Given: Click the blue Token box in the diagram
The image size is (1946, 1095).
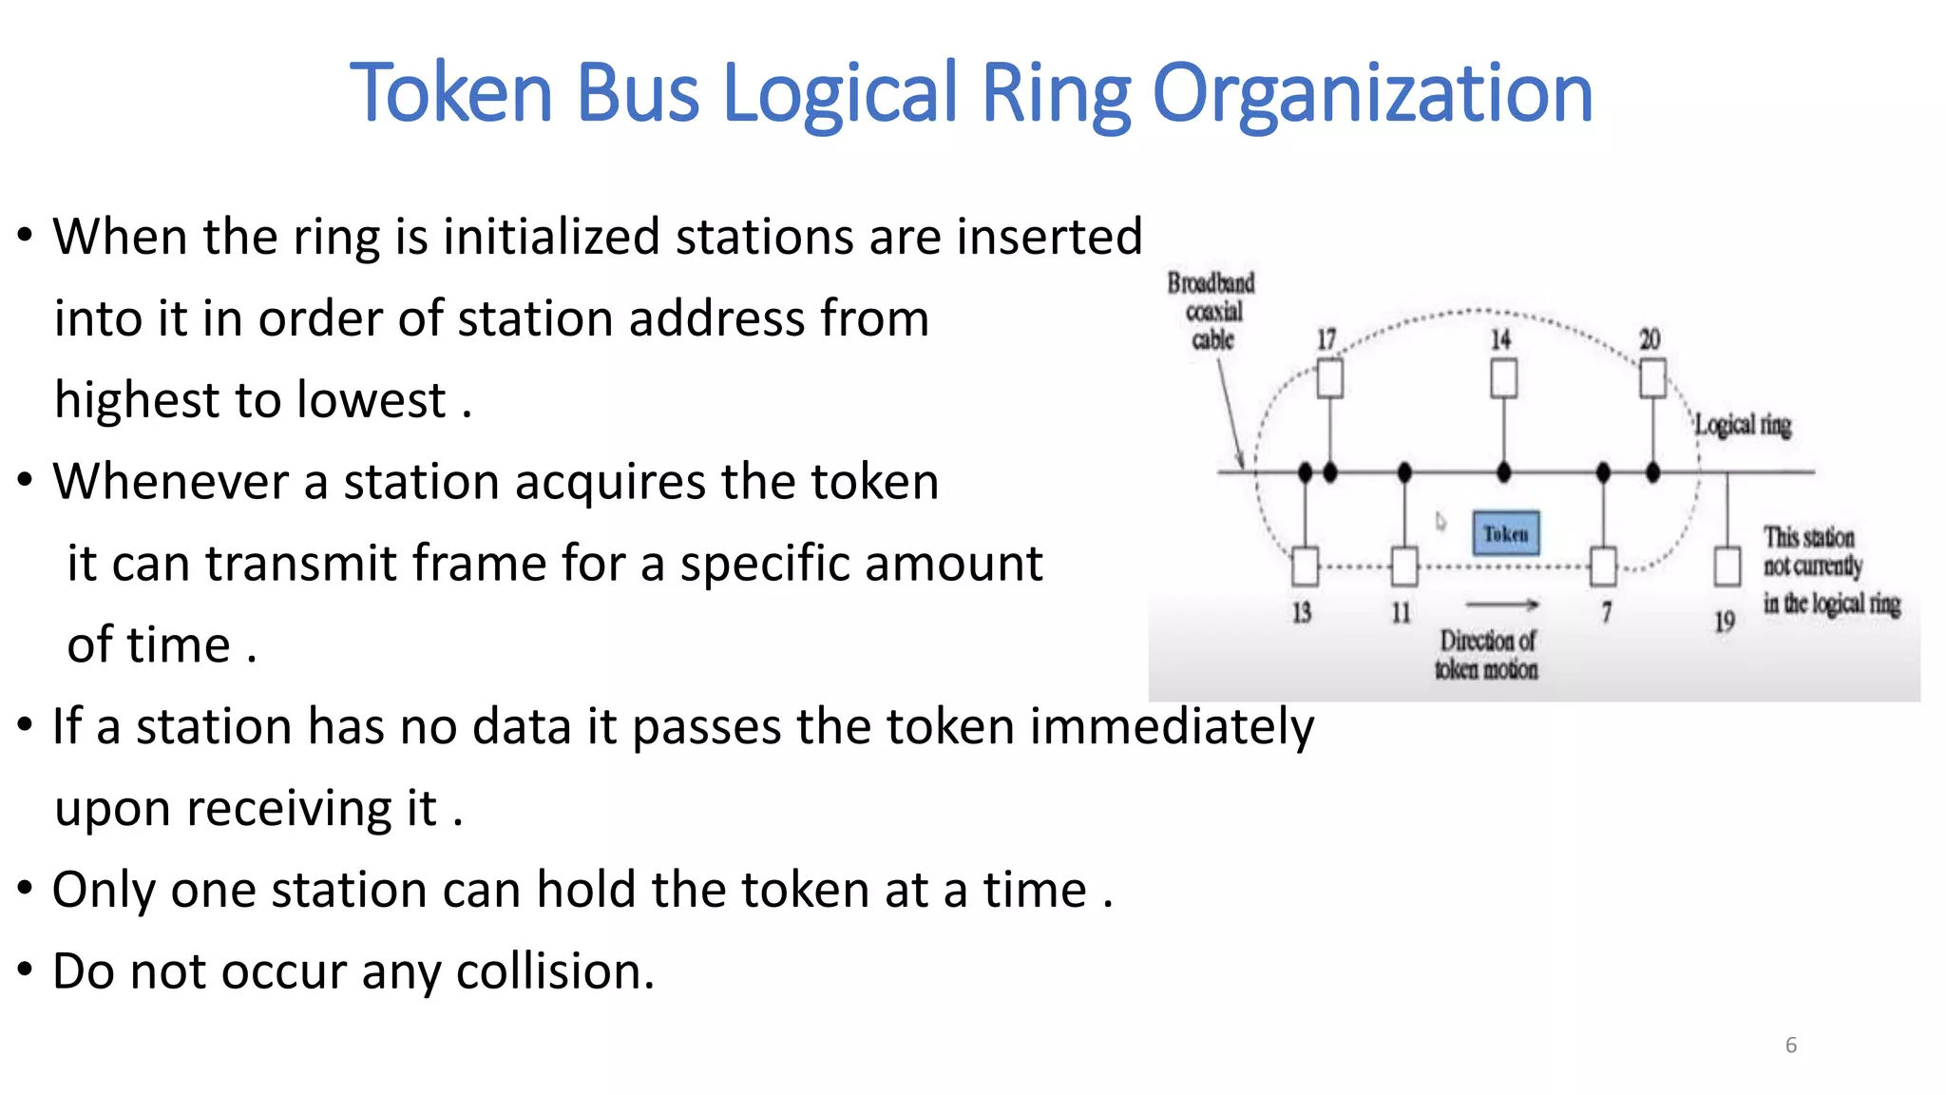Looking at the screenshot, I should pyautogui.click(x=1506, y=533).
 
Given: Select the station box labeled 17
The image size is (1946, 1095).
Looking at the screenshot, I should pyautogui.click(x=1330, y=378).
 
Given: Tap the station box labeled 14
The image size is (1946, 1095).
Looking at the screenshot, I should pyautogui.click(x=1503, y=378).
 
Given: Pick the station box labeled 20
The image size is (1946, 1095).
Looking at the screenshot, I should pyautogui.click(x=1652, y=378).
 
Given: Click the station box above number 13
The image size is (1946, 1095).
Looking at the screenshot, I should pyautogui.click(x=1305, y=567).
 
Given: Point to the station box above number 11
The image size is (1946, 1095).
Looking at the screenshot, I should pyautogui.click(x=1404, y=567).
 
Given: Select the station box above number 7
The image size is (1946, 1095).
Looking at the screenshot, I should pyautogui.click(x=1604, y=567).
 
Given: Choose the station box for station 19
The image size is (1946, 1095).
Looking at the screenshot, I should pyautogui.click(x=1727, y=567).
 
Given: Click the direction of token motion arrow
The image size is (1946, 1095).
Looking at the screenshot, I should pyautogui.click(x=1501, y=605).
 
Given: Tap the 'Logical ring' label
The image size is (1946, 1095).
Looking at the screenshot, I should pyautogui.click(x=1744, y=425).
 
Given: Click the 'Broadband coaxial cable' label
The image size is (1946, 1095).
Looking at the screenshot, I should pyautogui.click(x=1211, y=311).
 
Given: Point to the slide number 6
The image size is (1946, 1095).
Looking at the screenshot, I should pyautogui.click(x=1791, y=1046).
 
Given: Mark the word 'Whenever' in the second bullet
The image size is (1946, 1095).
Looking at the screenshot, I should pyautogui.click(x=170, y=481).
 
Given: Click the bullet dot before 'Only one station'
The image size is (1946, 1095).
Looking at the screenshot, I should pyautogui.click(x=26, y=890).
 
